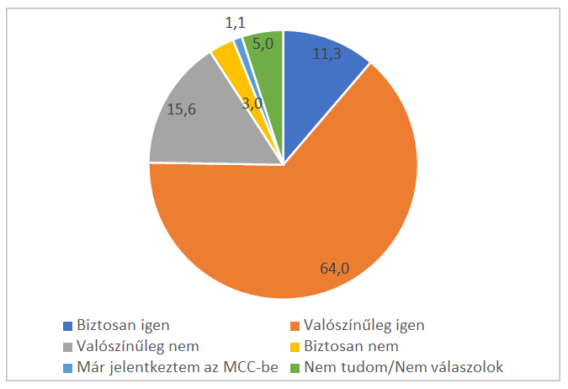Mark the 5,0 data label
pyautogui.click(x=263, y=44)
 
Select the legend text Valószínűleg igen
pyautogui.click(x=364, y=325)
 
